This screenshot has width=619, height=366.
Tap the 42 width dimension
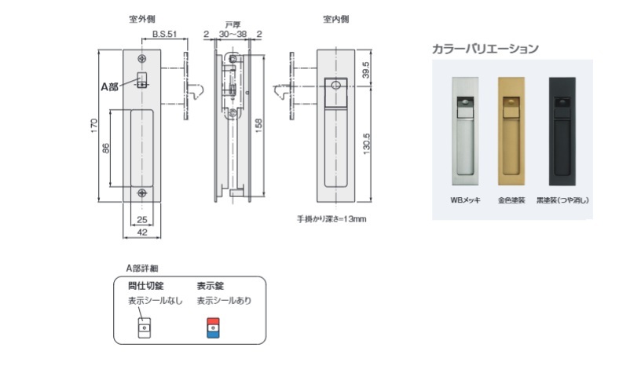tap(142, 232)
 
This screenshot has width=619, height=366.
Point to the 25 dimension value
tap(142, 219)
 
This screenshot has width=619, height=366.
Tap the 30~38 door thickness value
tap(233, 34)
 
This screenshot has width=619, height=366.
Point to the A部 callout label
tap(109, 86)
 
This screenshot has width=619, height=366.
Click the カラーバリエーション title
tap(485, 49)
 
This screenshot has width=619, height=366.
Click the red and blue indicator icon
tap(212, 327)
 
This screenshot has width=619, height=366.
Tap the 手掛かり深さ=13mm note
tap(331, 218)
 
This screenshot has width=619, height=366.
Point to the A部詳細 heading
tap(141, 268)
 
